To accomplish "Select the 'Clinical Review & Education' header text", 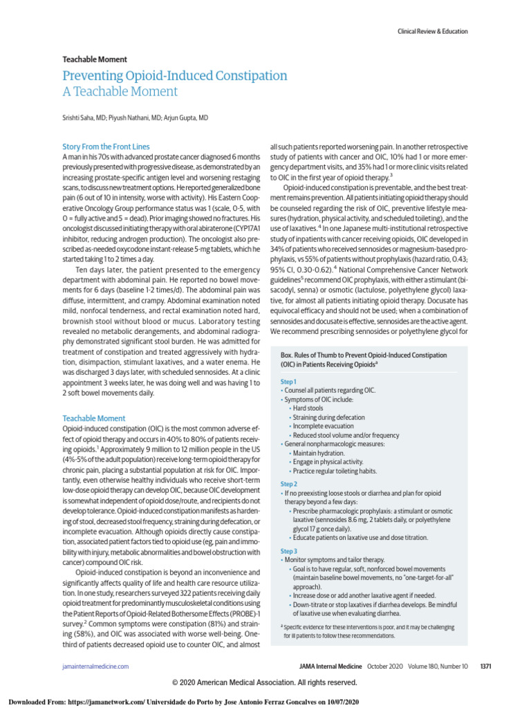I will point(432,31).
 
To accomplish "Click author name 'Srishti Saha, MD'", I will point(88,118).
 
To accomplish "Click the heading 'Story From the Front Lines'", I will point(106,147).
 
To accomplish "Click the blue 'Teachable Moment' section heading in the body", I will point(94,418).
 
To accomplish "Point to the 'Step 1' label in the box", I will point(289,382).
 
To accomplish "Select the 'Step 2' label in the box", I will point(289,484).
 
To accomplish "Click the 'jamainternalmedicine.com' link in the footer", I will point(95,666).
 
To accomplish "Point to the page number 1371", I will point(485,666).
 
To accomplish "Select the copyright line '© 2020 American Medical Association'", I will point(265,682).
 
